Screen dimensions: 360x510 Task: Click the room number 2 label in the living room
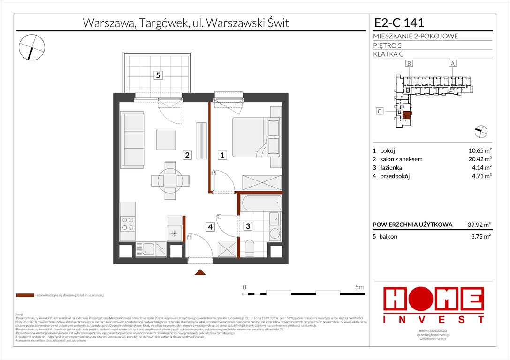tap(187, 155)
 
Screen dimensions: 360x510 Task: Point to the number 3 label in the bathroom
tap(248, 226)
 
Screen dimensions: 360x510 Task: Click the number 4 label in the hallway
tap(211, 226)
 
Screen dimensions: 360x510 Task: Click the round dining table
tap(167, 180)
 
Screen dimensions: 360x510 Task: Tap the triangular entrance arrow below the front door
tap(200, 272)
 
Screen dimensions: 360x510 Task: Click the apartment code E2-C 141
tap(399, 22)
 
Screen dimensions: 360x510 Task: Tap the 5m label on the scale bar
tap(359, 286)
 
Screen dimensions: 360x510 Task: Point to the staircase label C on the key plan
tap(381, 112)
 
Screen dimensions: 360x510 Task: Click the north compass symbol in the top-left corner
tap(32, 47)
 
